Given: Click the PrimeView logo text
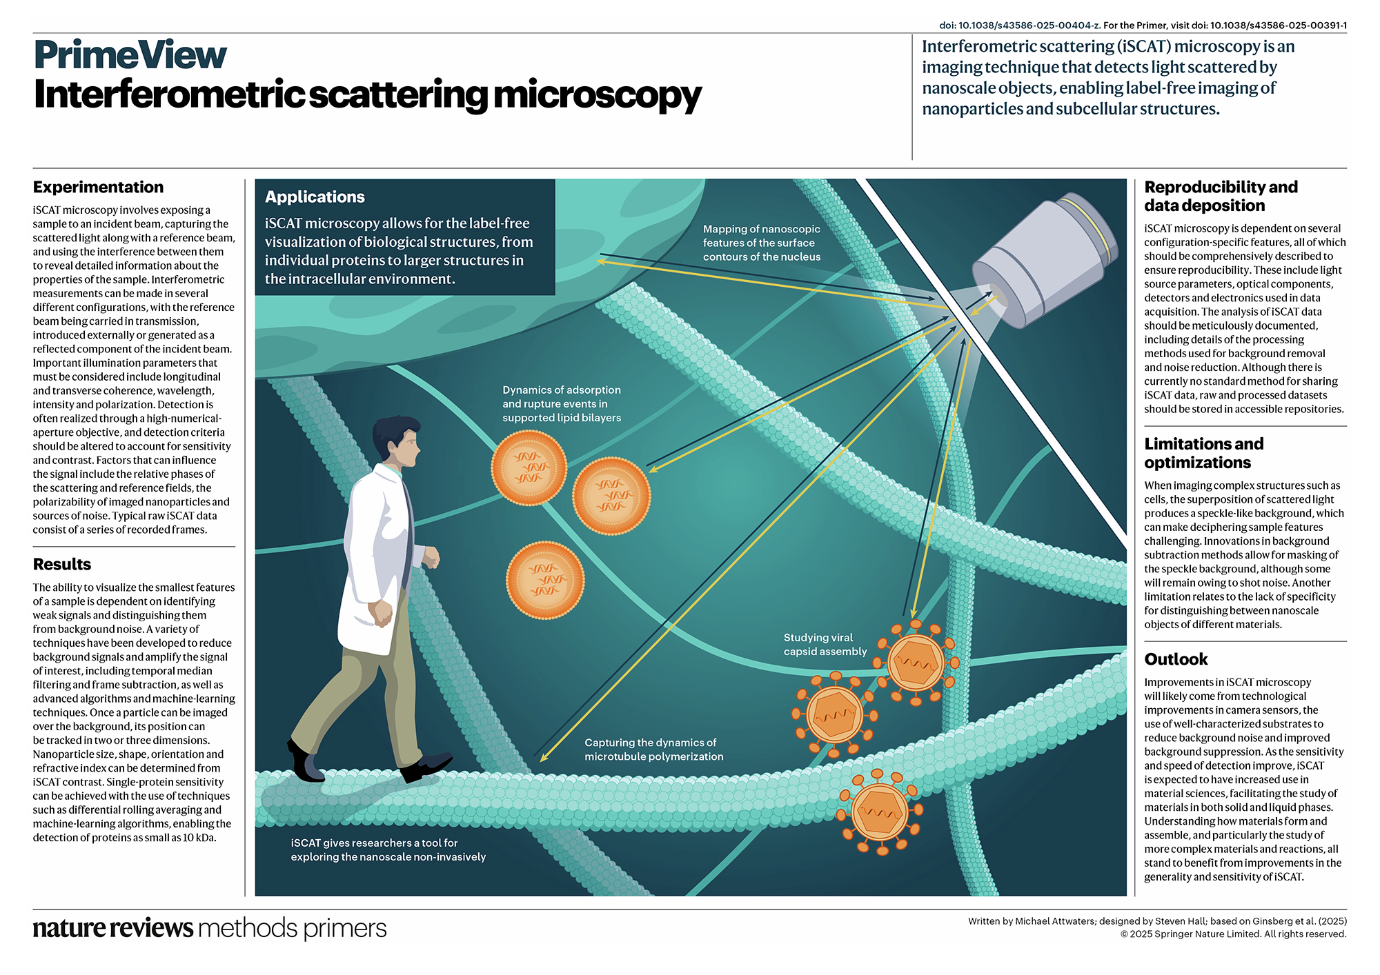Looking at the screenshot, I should tap(130, 55).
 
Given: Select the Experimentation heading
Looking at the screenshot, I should tap(98, 188).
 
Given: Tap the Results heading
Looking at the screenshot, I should tap(62, 564).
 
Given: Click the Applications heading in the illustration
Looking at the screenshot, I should tap(315, 197).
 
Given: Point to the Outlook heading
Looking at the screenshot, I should tap(1176, 659).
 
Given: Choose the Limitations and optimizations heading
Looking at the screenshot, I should tap(1203, 453).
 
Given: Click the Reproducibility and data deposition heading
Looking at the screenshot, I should tap(1221, 196).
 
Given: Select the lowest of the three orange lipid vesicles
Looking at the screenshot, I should tap(545, 580).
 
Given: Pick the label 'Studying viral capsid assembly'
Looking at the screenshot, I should tap(825, 645).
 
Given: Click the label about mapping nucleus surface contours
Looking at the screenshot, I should tap(761, 243).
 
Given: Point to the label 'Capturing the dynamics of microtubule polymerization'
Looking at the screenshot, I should tap(653, 750).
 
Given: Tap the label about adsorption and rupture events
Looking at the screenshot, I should tap(561, 404).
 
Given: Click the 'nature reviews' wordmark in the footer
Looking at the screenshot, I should tap(113, 928).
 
